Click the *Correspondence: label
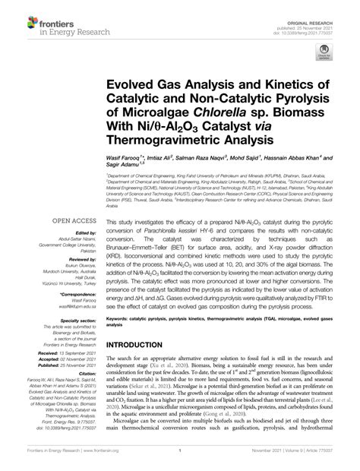pyautogui.click(x=62, y=293)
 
